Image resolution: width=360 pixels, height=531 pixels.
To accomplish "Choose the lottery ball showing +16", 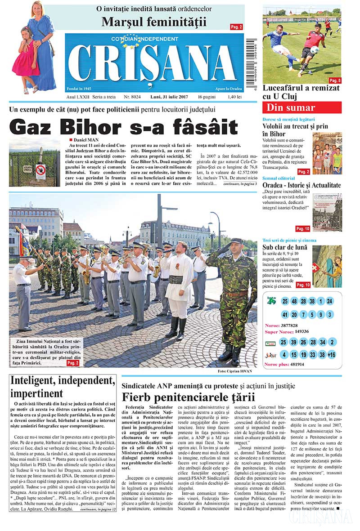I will coord(331,355).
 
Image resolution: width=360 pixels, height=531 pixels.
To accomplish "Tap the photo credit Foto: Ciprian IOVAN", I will coord(234,371).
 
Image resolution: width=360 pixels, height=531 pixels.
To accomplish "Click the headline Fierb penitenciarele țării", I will coord(189,397).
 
